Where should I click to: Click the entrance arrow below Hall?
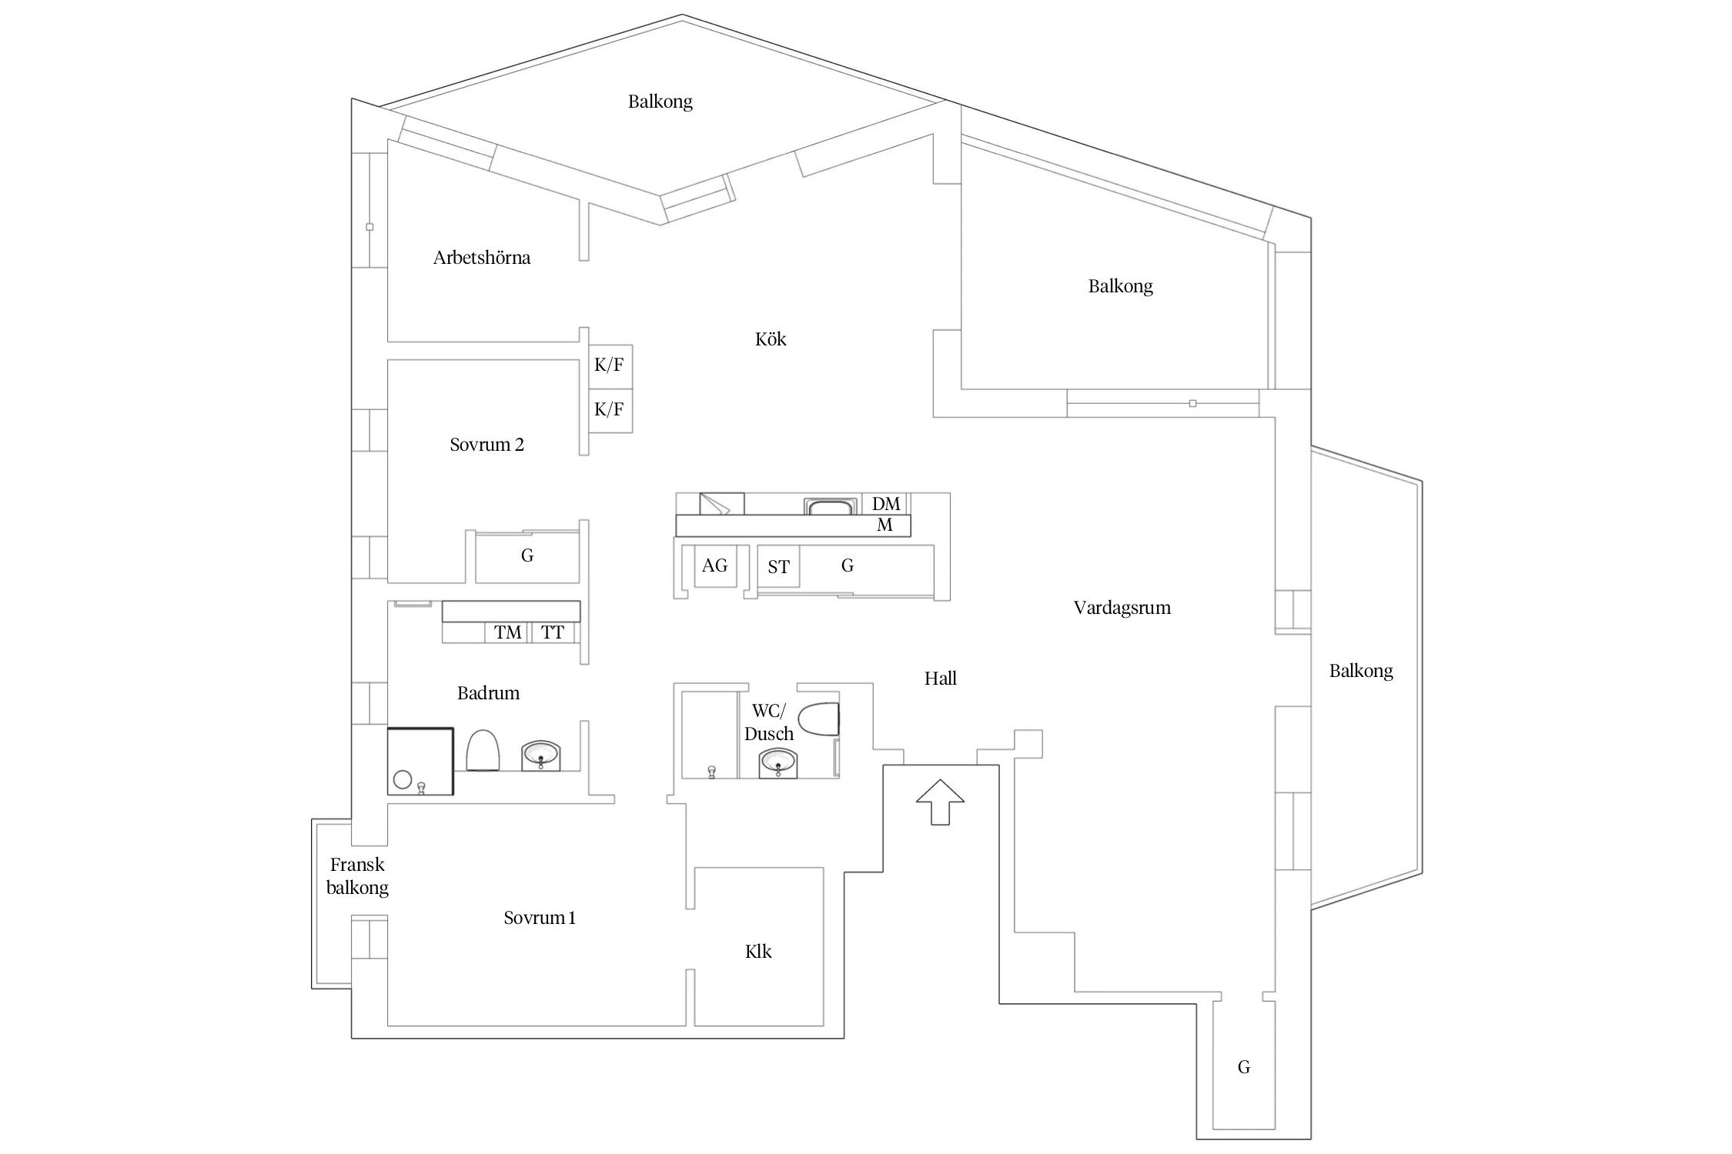coord(940,802)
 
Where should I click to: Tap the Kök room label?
coord(771,339)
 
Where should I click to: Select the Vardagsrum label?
coord(1122,608)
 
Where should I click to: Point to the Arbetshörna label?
coord(482,258)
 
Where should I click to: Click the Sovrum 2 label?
coord(487,445)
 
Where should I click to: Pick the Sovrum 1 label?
coord(540,918)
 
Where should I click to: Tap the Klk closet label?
coord(758,952)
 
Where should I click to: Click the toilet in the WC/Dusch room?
coord(819,719)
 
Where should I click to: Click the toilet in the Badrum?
coord(483,750)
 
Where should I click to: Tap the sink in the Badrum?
coord(542,755)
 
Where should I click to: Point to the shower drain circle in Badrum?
coord(403,779)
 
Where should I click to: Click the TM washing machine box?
coord(507,632)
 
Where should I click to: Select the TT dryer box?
coord(553,632)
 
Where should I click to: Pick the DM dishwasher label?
coord(886,504)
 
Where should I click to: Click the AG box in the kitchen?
coord(714,566)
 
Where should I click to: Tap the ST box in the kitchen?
coord(778,567)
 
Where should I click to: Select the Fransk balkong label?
coord(357,876)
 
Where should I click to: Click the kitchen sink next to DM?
coord(831,507)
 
